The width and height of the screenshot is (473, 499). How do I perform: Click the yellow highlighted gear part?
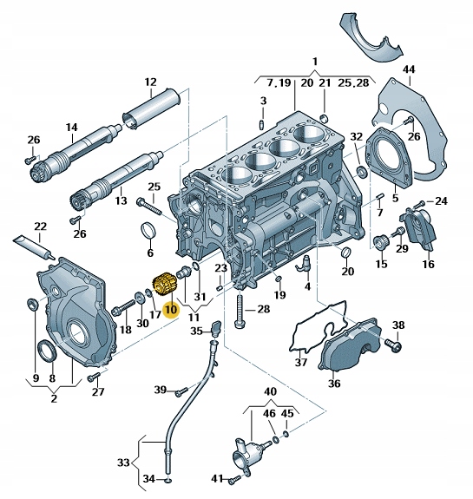click(x=161, y=285)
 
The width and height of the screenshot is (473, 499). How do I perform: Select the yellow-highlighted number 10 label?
click(x=170, y=308)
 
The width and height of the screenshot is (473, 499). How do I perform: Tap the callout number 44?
click(x=409, y=69)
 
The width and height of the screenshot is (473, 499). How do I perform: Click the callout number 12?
click(x=149, y=83)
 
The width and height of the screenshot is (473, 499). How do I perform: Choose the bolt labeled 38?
click(x=391, y=346)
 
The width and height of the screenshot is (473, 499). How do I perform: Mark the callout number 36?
click(x=334, y=383)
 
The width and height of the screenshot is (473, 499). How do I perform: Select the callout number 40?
click(x=270, y=391)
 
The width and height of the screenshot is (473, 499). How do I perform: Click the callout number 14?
click(x=71, y=127)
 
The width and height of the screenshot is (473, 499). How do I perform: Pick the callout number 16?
click(x=428, y=264)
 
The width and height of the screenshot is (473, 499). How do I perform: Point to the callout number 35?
click(x=195, y=330)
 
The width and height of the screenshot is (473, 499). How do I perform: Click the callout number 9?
click(x=36, y=378)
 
